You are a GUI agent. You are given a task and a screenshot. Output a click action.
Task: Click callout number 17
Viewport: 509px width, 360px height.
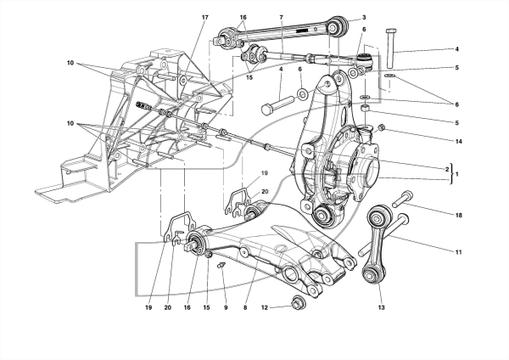204,17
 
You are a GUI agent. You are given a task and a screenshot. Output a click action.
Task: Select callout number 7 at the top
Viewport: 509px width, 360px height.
281,17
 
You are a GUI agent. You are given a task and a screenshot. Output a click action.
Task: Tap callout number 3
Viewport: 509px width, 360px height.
364,17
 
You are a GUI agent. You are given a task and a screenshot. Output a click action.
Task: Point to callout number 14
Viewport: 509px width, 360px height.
458,141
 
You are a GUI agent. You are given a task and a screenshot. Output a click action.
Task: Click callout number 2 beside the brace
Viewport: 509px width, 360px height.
447,169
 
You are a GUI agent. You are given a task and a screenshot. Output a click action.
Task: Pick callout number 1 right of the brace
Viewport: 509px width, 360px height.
456,174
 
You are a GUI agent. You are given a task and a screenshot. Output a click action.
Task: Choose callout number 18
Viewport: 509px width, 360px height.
459,215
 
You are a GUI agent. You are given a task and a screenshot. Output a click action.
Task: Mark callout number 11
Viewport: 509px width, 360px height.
458,252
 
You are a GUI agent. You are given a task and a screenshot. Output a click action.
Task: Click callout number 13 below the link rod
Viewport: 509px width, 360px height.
381,307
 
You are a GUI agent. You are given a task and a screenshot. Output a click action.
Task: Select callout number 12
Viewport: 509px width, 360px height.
265,307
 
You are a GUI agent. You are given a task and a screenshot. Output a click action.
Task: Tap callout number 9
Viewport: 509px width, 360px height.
226,307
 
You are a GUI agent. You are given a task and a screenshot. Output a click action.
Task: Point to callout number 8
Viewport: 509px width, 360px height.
245,307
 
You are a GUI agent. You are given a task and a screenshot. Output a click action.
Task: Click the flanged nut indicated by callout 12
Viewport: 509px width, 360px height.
297,303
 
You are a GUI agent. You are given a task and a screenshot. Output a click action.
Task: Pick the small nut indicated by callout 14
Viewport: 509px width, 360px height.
382,127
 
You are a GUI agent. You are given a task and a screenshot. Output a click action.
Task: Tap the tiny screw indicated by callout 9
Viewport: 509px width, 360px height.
221,265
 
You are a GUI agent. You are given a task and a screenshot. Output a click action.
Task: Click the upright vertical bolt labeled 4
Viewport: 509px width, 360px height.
390,48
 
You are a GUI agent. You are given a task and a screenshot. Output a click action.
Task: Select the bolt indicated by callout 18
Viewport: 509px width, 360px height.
402,200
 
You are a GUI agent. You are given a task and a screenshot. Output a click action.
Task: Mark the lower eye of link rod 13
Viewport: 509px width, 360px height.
371,275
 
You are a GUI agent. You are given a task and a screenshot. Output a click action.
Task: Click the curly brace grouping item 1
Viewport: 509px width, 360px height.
451,174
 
